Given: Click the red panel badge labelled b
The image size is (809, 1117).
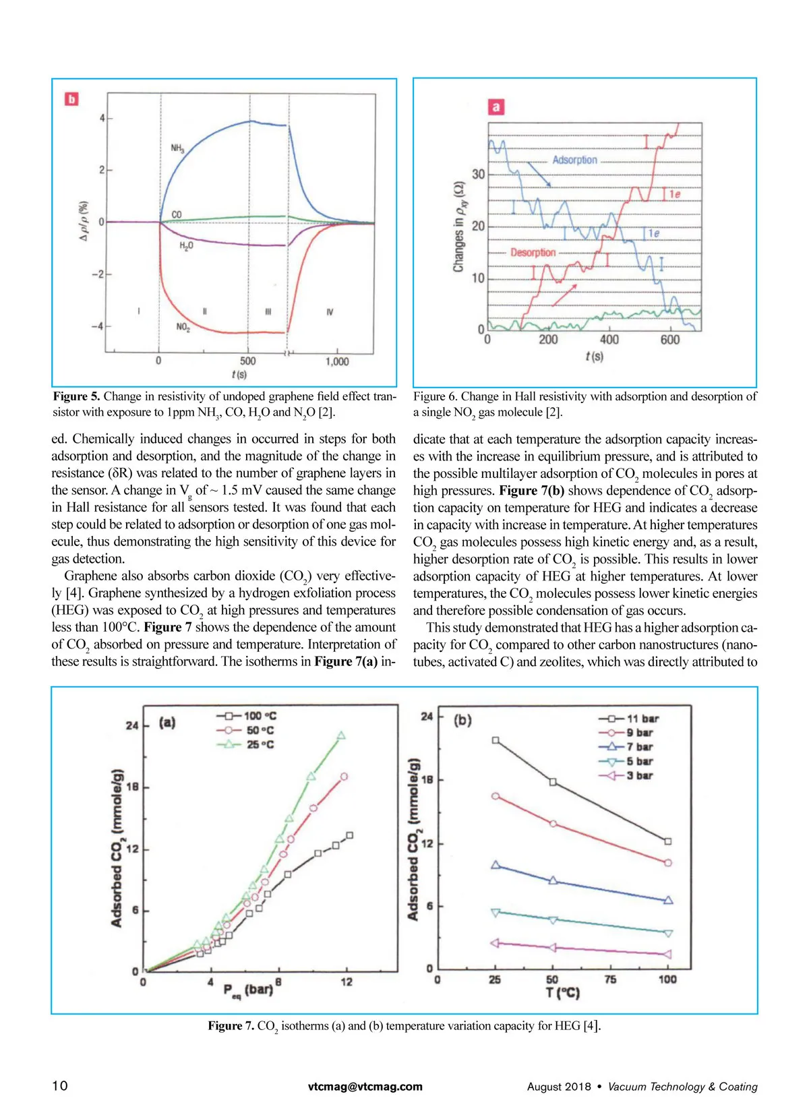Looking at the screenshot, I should point(71,99).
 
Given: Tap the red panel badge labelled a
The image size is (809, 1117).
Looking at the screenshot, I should point(496,107).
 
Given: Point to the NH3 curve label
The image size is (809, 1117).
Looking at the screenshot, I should point(177,148).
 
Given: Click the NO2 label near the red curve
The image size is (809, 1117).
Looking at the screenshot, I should point(183,328).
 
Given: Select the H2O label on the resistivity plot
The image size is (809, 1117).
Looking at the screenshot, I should point(186,246).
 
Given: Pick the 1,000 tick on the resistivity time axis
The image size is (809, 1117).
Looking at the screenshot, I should point(337,361).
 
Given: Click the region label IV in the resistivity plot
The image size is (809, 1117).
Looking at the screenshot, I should point(329,312).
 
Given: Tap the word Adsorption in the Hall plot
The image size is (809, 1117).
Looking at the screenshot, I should point(574,160).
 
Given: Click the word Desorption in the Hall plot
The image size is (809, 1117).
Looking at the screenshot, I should point(533,252).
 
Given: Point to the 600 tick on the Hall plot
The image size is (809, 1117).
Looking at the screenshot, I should point(670,340).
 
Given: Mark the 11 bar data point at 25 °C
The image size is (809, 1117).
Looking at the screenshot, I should point(496,740).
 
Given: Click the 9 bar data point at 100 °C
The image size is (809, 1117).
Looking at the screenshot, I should point(668,863).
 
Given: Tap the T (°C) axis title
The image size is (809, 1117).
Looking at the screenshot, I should point(563,993).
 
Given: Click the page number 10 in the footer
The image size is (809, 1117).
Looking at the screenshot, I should point(60,1085).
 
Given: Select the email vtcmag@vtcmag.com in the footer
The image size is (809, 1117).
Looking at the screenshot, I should point(365,1086).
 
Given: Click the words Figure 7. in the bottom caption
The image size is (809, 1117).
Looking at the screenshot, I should point(231,1025).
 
